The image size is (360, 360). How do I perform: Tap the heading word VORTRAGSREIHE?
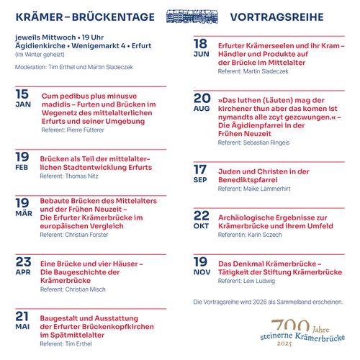coord(276,17)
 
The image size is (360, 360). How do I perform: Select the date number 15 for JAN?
coord(22,94)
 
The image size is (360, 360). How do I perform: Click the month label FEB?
coord(22,168)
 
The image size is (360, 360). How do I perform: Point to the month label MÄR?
coord(22,214)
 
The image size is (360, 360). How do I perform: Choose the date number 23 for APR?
coord(23,261)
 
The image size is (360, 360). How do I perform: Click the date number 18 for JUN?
coord(201,44)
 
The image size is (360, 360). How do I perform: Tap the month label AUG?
coord(202,108)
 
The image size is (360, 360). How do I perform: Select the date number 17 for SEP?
coord(201,169)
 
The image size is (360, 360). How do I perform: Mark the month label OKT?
coord(201,226)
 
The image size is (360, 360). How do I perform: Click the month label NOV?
coord(201,272)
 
